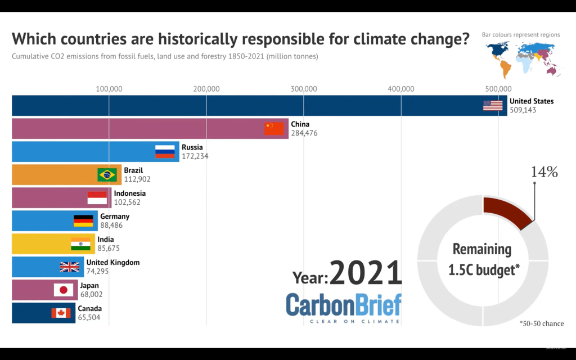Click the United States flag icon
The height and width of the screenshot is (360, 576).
[493, 105]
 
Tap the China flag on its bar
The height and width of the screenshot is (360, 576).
[274, 128]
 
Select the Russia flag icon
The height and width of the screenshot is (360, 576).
[165, 151]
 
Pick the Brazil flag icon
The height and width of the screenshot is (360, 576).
[107, 174]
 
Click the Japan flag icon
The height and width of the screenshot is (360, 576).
[64, 290]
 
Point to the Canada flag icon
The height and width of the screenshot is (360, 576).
[61, 313]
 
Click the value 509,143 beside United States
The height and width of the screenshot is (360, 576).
[523, 110]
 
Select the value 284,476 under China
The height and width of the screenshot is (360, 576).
[304, 133]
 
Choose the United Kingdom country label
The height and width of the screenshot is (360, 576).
[113, 263]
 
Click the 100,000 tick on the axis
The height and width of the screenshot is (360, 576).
[109, 88]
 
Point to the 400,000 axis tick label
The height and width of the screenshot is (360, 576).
[401, 88]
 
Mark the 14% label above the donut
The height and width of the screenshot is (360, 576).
[544, 172]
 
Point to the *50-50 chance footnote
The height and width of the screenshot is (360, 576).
[541, 323]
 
